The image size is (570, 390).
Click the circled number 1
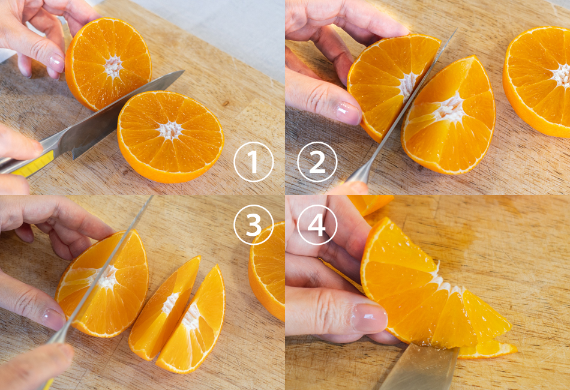253,162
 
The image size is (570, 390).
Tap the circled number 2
317,162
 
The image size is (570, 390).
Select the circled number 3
253,225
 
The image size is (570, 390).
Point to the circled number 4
317,225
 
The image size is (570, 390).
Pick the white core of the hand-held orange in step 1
113,67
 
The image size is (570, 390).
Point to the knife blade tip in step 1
184,71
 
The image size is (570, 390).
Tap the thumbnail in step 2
347,112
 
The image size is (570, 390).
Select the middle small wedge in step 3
164,309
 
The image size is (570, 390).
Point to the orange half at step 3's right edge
267,271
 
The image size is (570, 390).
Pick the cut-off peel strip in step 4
487,350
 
